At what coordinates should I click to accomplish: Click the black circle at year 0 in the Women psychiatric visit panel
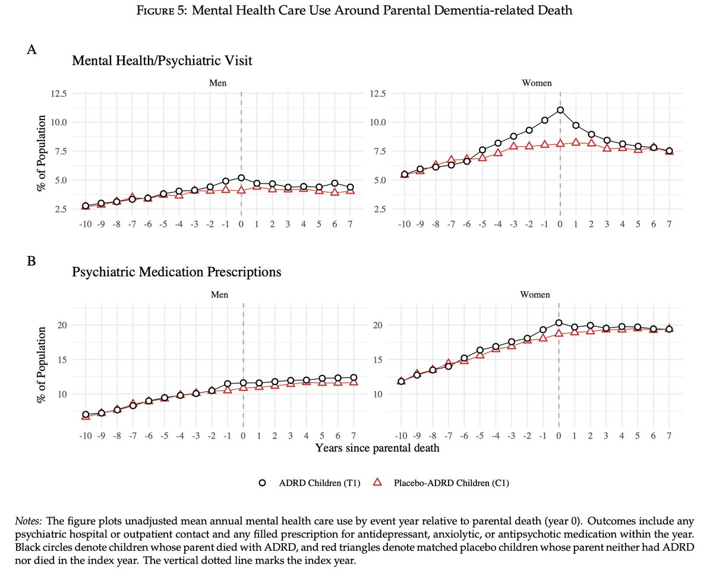(x=560, y=110)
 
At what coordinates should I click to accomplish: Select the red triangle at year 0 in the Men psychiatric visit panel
(x=241, y=190)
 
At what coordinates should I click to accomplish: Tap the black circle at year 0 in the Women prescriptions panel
(x=559, y=323)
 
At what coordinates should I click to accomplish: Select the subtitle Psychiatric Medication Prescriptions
(x=176, y=272)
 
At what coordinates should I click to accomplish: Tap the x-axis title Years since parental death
(x=377, y=448)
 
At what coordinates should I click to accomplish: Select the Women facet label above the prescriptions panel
(x=535, y=295)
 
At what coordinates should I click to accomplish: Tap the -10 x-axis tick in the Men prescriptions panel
(x=86, y=436)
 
